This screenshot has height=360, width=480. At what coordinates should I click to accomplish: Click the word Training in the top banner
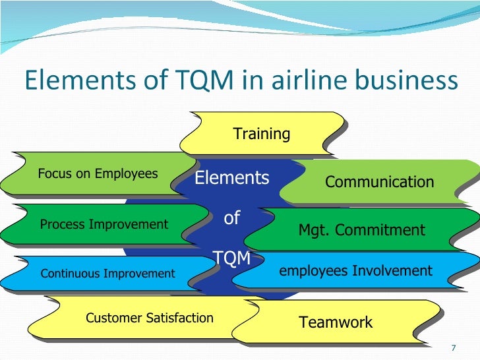click(x=262, y=134)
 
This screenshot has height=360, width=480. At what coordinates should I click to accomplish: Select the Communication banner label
click(x=380, y=182)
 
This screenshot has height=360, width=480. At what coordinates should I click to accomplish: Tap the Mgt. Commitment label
click(x=362, y=230)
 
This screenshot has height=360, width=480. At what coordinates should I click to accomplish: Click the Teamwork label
click(x=336, y=322)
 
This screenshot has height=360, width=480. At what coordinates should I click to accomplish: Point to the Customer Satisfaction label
click(x=150, y=318)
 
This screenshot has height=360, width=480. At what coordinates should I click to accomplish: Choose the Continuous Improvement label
click(x=108, y=273)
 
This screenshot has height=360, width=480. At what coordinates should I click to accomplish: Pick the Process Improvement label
click(x=104, y=224)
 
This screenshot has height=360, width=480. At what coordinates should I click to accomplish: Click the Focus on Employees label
click(x=98, y=174)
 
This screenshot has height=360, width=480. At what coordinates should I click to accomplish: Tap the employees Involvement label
click(x=356, y=270)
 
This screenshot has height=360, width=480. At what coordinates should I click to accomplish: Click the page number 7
click(x=453, y=347)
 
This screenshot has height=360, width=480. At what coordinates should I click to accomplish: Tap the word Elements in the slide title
click(x=73, y=81)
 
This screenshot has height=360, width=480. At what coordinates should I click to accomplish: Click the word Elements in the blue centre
click(x=231, y=178)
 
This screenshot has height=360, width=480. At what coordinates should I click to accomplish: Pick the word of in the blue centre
click(x=231, y=218)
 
